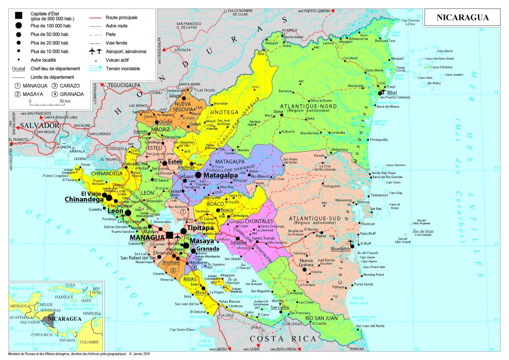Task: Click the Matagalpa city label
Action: tap(221, 176)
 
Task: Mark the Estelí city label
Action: tap(175, 163)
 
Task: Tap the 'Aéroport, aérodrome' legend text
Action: tap(128, 51)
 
